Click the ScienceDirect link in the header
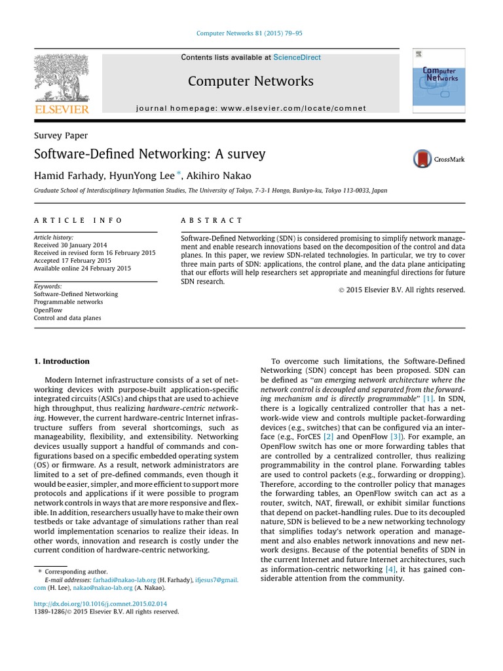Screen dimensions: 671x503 (x=297, y=58)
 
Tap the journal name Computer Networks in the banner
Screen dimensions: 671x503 (x=251, y=81)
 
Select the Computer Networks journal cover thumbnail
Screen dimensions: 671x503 (x=438, y=77)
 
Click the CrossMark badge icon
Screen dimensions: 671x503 (x=423, y=159)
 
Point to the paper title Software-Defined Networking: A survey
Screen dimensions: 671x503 (x=150, y=155)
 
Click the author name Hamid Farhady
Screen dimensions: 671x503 (x=64, y=176)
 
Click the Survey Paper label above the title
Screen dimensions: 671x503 (x=60, y=136)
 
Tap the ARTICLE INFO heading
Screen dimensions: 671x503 (x=78, y=221)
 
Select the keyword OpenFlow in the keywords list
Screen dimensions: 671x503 (x=48, y=310)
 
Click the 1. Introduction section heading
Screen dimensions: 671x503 (x=62, y=361)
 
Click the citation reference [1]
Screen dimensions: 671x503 (x=428, y=398)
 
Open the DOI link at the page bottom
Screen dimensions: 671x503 (x=100, y=603)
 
